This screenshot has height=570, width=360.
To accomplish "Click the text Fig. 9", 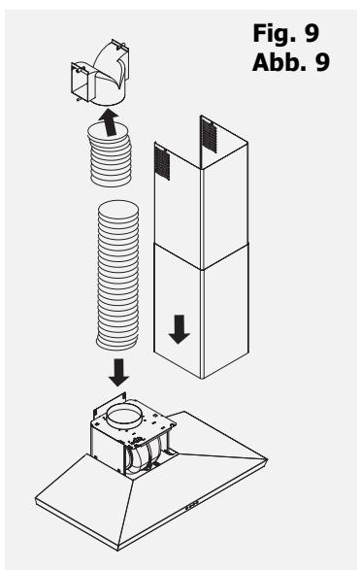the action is click(286, 33).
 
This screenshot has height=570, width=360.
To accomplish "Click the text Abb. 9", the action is click(290, 62).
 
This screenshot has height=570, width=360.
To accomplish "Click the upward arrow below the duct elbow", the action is click(110, 122).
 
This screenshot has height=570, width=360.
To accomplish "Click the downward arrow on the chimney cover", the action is click(180, 329).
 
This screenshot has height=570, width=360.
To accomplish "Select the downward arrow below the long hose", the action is click(118, 373).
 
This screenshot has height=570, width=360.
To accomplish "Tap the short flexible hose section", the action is click(110, 154).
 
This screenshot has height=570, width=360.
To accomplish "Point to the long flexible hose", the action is click(117, 275).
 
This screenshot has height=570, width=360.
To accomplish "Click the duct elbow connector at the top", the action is click(100, 73).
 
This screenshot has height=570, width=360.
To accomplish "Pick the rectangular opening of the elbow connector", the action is click(80, 82).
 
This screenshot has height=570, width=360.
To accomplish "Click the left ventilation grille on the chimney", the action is click(162, 162).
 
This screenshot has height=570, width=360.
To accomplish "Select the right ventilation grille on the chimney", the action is click(210, 135).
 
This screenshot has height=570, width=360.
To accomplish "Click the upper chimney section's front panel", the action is click(178, 207).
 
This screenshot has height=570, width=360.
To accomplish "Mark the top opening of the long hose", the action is click(118, 210).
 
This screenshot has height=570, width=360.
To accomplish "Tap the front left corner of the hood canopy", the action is click(36, 498).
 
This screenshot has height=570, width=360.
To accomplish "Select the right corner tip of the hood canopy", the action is click(268, 459).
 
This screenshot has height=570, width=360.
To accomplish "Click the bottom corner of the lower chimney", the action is click(202, 379).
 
